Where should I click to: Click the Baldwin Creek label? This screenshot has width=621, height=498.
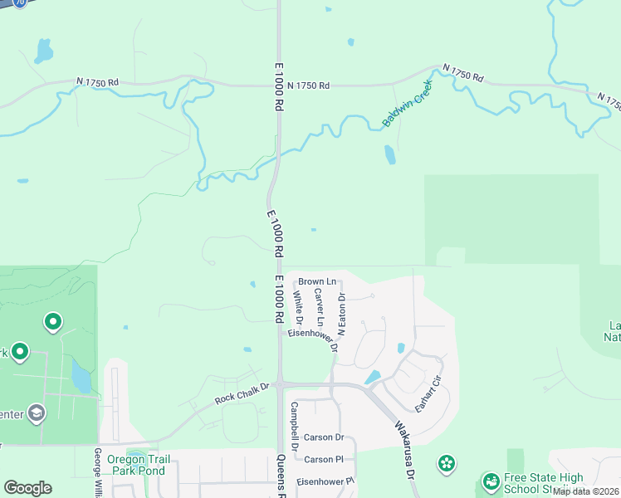click(408, 107)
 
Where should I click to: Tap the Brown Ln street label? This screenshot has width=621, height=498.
click(317, 282)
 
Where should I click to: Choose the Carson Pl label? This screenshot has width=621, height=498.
click(324, 459)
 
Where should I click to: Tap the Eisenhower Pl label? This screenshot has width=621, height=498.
click(326, 481)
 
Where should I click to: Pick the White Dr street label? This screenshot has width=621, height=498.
click(299, 307)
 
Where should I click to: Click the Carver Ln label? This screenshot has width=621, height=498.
click(320, 307)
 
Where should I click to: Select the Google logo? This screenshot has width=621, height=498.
click(27, 488)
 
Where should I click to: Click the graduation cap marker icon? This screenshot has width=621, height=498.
click(37, 413)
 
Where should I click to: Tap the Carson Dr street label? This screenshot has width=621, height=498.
click(324, 437)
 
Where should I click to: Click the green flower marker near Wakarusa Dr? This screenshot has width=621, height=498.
click(447, 462)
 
